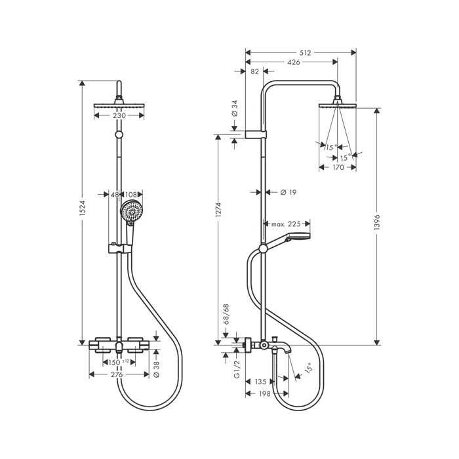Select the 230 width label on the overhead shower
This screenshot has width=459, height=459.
pyautogui.click(x=119, y=115)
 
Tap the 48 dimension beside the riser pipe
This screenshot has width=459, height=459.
pyautogui.click(x=114, y=195)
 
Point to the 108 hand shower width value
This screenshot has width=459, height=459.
pyautogui.click(x=131, y=195)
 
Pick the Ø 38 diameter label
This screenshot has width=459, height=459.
pyautogui.click(x=156, y=367)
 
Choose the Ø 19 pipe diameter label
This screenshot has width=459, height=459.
pyautogui.click(x=289, y=192)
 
